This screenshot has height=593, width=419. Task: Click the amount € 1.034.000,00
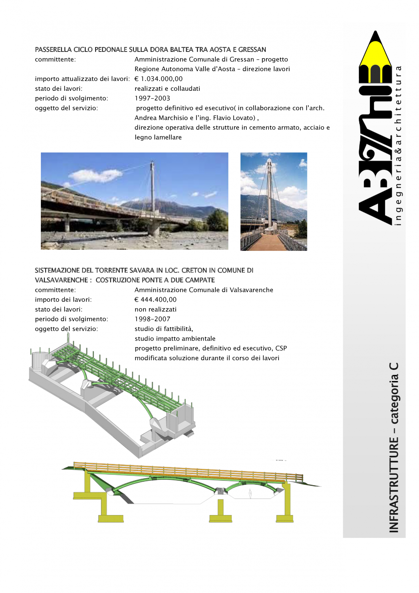pyautogui.click(x=159, y=79)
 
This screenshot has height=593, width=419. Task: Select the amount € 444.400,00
pyautogui.click(x=156, y=300)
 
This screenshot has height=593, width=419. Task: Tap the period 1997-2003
pyautogui.click(x=152, y=98)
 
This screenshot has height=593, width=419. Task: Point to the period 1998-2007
pyautogui.click(x=152, y=319)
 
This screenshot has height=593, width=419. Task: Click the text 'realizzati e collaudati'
pyautogui.click(x=167, y=89)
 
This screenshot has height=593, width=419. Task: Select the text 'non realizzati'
pyautogui.click(x=155, y=310)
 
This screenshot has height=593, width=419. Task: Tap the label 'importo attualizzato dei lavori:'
pyautogui.click(x=82, y=79)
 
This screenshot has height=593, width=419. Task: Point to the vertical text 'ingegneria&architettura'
pyautogui.click(x=399, y=145)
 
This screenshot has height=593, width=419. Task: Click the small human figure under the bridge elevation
pyautogui.click(x=250, y=494)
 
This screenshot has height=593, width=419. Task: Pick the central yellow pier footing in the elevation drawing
pyautogui.click(x=220, y=518)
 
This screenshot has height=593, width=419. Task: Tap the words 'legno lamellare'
pyautogui.click(x=158, y=138)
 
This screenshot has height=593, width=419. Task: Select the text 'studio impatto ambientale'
pyautogui.click(x=175, y=339)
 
